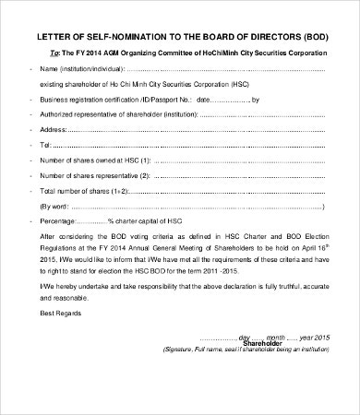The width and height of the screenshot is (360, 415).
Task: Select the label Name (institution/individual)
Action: (79, 69)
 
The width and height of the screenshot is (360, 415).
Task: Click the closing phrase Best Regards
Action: (61, 314)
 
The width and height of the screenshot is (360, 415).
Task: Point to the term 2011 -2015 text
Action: (286, 273)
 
